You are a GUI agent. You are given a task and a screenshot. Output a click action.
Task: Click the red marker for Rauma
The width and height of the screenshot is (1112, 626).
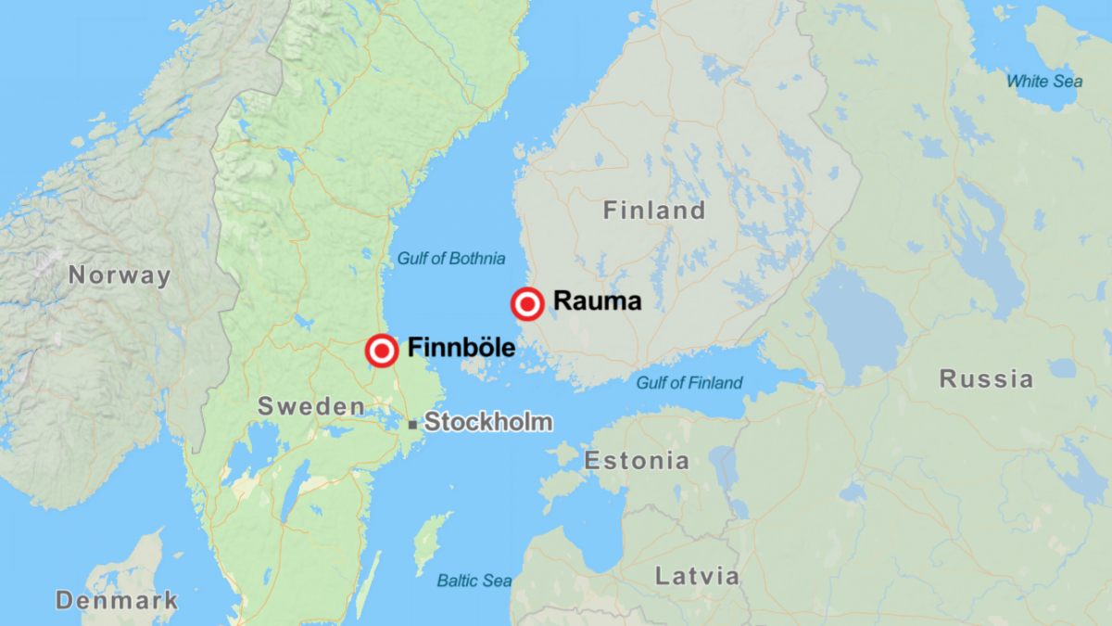click(527, 304)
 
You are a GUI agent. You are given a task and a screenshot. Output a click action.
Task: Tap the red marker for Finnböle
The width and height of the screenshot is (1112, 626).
click(382, 351)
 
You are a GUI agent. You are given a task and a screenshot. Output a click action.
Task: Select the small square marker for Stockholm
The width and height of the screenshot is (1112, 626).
click(411, 425)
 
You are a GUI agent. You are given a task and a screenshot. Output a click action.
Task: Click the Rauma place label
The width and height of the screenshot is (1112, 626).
click(597, 301)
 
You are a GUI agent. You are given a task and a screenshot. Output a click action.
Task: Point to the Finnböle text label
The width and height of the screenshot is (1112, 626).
click(461, 350)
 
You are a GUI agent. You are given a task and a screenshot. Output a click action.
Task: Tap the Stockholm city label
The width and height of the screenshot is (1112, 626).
click(488, 423)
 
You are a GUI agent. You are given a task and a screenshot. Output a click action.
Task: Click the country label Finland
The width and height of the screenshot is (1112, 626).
click(654, 211)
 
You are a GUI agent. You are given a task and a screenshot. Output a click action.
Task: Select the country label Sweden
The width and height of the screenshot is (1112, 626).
click(311, 406)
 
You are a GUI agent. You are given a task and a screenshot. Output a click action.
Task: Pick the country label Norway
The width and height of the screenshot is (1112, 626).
click(120, 275)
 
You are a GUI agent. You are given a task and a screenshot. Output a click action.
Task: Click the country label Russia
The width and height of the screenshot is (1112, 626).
click(986, 378)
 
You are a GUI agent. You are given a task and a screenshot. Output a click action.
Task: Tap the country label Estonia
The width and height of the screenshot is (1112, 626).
click(637, 461)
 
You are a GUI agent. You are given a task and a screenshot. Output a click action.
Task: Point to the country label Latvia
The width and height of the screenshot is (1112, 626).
click(698, 576)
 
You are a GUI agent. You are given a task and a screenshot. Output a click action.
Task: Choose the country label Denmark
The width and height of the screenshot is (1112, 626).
click(117, 600)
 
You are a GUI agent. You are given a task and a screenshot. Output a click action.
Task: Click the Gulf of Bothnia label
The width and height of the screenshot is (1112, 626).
click(451, 259)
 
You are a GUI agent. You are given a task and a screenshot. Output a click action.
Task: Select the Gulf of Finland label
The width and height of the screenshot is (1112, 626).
click(689, 383)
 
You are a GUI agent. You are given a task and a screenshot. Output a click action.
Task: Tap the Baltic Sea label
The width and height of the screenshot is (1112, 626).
click(474, 581)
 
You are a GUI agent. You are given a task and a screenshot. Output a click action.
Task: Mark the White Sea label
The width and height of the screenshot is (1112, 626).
click(1044, 82)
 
